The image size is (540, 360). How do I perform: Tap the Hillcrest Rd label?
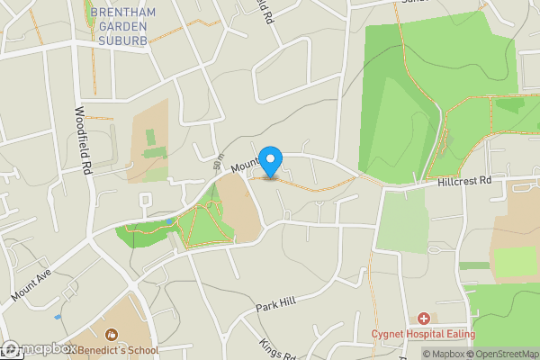pyautogui.click(x=464, y=181)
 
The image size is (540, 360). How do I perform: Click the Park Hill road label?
pyautogui.click(x=275, y=305)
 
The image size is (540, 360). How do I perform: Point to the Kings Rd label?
pyautogui.click(x=278, y=348)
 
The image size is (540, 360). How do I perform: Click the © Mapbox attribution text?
pyautogui.click(x=444, y=354)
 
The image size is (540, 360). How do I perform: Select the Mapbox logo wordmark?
pyautogui.click(x=40, y=349)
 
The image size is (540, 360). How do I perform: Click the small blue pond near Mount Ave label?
pyautogui.click(x=58, y=317)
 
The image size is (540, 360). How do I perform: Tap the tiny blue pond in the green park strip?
pyautogui.click(x=168, y=220)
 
